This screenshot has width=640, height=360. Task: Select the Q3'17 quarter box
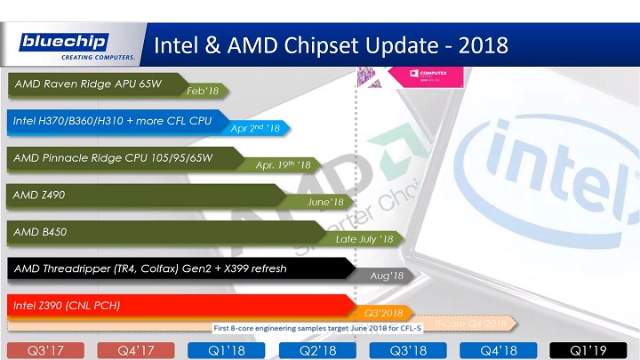pyautogui.click(x=44, y=350)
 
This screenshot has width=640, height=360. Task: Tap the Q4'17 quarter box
pyautogui.click(x=135, y=350)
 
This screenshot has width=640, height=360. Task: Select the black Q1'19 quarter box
pyautogui.click(x=590, y=350)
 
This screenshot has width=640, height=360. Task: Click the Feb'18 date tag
pyautogui.click(x=203, y=91)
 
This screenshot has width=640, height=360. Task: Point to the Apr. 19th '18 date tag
pyautogui.click(x=283, y=165)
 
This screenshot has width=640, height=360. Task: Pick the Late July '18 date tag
pyautogui.click(x=364, y=239)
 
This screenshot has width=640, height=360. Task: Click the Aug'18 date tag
pyautogui.click(x=387, y=276)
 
